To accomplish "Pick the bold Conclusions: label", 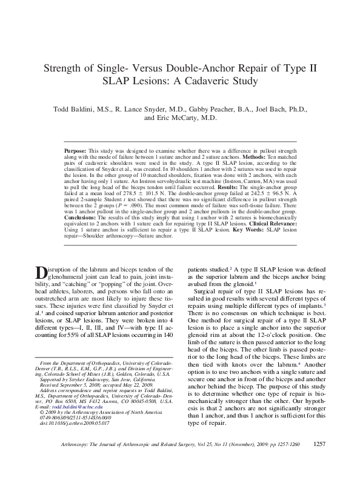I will click(x=79, y=216).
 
